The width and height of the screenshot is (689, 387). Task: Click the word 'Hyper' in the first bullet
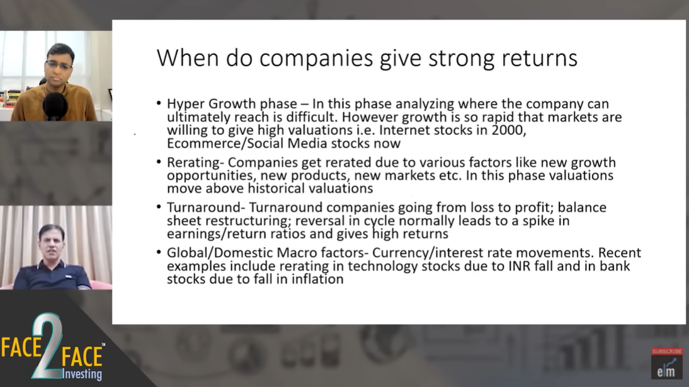185,105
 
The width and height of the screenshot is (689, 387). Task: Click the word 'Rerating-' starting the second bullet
195,163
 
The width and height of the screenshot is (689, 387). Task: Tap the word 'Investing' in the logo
82,374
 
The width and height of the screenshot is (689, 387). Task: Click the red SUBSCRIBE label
666,351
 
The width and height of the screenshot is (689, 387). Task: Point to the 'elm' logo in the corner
666,369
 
